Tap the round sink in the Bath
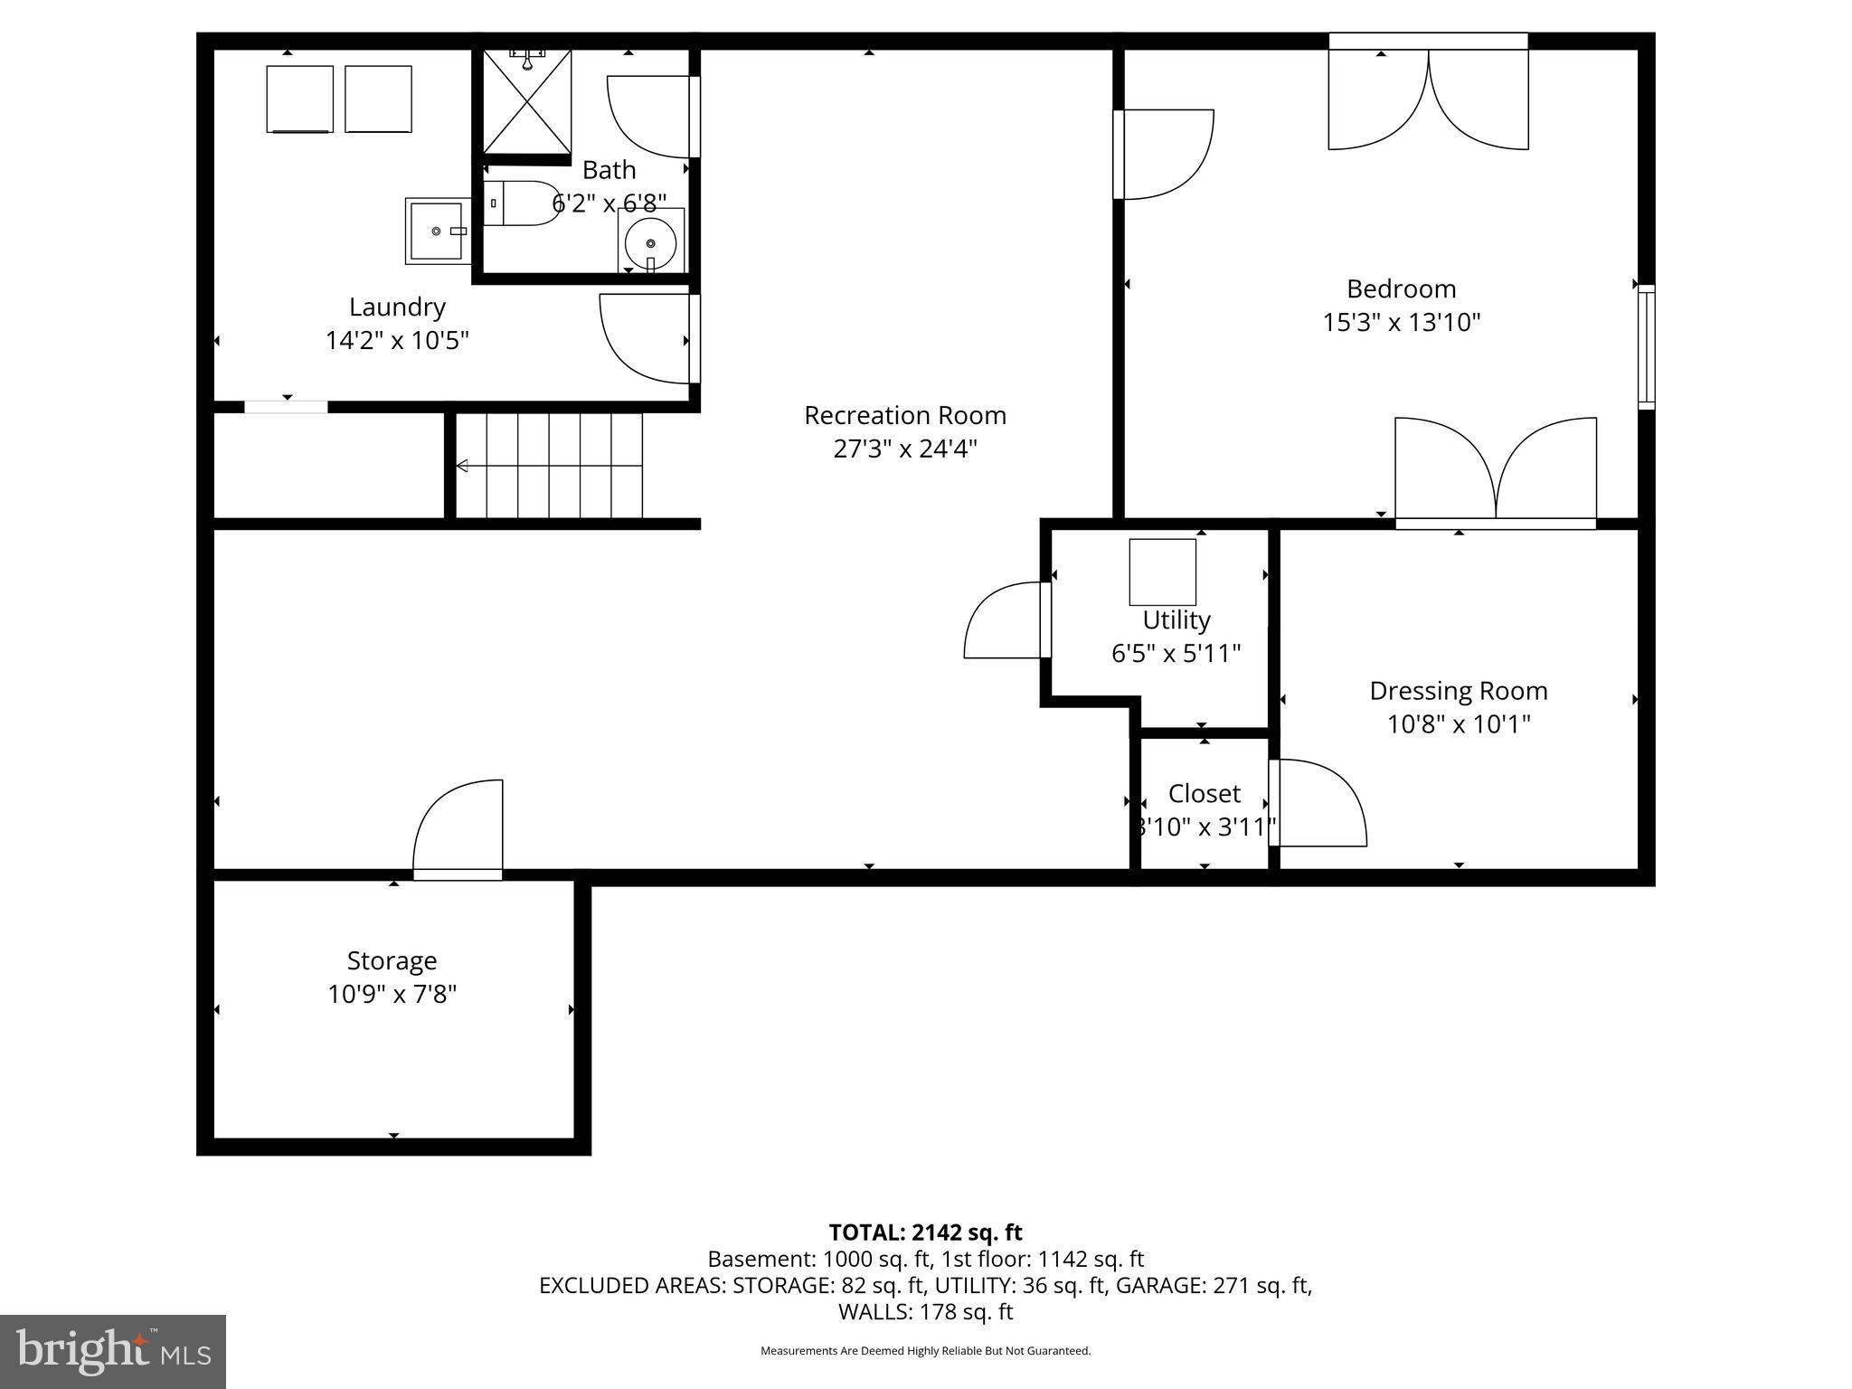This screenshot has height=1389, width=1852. click(x=650, y=241)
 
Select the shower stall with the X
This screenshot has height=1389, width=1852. click(x=526, y=101)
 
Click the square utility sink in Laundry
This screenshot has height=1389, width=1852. click(x=436, y=231)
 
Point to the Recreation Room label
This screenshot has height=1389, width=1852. click(x=904, y=415)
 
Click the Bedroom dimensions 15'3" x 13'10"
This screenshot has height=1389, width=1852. click(x=1401, y=323)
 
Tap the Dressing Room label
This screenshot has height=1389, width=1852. click(x=1458, y=691)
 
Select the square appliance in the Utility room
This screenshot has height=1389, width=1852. click(x=1162, y=572)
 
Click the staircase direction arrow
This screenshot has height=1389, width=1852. click(x=463, y=466)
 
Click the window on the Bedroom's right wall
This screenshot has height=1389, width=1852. click(x=1646, y=347)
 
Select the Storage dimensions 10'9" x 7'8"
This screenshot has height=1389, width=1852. click(x=392, y=995)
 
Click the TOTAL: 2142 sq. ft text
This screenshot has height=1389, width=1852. click(x=925, y=1233)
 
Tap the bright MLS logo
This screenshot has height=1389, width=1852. click(x=112, y=1352)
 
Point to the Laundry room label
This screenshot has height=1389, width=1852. click(x=397, y=307)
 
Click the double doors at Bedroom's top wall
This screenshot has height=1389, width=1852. click(x=1427, y=96)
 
